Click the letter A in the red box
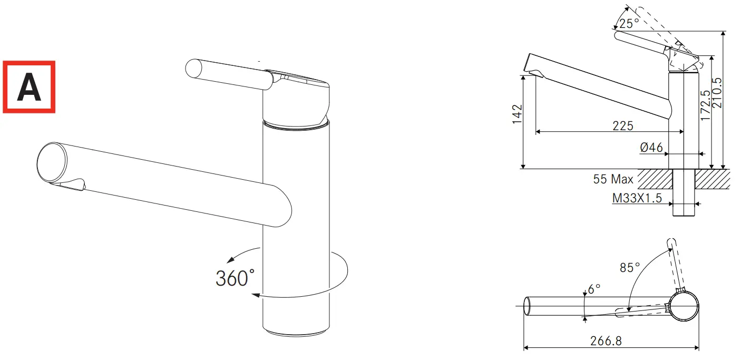click(29, 87)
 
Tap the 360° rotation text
click(235, 278)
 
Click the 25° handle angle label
click(629, 24)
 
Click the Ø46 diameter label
click(651, 148)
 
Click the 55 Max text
click(613, 179)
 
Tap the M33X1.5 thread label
click(637, 199)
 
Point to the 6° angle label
click(594, 289)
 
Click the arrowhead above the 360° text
click(230, 259)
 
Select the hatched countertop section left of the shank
click(655, 179)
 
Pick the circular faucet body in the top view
click(684, 307)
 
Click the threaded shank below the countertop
click(685, 203)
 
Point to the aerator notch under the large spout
click(71, 184)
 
